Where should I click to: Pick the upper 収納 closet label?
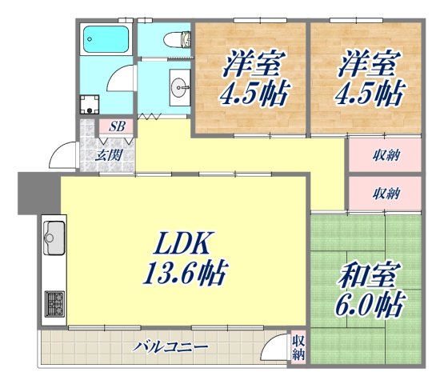[x=386, y=154]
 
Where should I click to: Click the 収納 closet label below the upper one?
[x=386, y=193]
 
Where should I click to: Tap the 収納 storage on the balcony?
[x=298, y=346]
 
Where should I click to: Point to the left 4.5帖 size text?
[x=250, y=94]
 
